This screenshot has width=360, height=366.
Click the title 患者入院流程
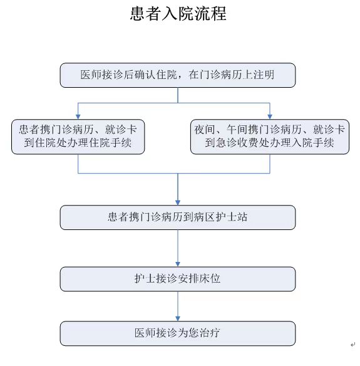(178, 14)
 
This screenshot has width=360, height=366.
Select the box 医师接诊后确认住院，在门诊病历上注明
(178, 75)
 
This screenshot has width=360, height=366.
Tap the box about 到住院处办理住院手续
(78, 137)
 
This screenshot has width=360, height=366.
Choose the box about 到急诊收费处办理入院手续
(270, 137)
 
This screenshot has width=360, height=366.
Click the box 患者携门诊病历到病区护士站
(178, 217)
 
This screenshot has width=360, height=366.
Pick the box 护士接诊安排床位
(178, 279)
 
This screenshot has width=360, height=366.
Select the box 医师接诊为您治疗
(178, 333)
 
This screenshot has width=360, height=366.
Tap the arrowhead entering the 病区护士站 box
(178, 202)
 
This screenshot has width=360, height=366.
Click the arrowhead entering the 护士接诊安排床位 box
(178, 264)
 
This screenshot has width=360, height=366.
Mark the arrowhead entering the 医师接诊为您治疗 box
(178, 318)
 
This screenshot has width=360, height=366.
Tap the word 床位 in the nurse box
(210, 278)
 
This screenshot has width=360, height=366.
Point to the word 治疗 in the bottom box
(210, 333)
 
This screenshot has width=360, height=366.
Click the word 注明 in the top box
(264, 75)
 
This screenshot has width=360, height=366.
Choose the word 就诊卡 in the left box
(121, 130)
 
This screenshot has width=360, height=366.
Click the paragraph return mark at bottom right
(352, 344)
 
